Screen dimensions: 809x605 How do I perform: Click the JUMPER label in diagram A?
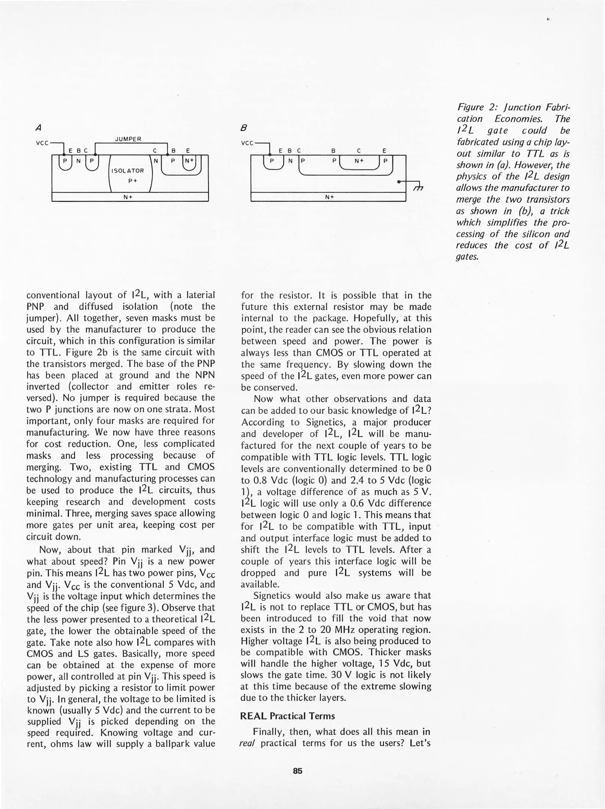point(128,139)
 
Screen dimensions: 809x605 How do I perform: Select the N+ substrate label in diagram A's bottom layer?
point(128,197)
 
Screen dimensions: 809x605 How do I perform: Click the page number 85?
point(298,771)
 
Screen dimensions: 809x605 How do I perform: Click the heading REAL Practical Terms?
point(287,716)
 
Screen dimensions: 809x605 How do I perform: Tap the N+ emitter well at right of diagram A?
point(190,161)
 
